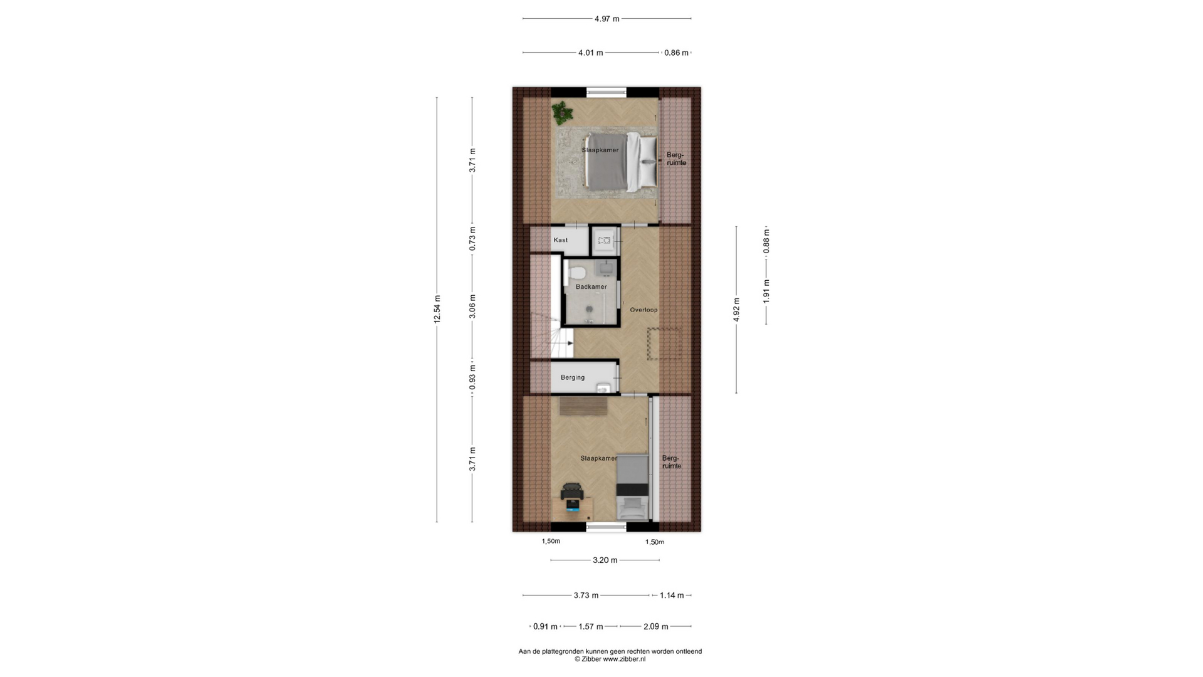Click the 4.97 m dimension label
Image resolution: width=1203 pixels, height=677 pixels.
[x=607, y=19]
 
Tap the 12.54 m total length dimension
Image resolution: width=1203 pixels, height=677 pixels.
[x=437, y=309]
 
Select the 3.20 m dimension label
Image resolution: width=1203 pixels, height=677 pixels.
[x=605, y=560]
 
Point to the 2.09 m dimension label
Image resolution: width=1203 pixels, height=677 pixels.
[x=655, y=626]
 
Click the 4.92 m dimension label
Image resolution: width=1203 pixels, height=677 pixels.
[x=737, y=310]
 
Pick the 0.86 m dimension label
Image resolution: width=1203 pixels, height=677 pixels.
[x=676, y=53]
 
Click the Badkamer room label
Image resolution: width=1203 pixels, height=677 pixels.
[x=591, y=287]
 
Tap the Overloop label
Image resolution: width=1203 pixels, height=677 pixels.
[x=643, y=310]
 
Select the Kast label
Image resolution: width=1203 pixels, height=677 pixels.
[x=560, y=240]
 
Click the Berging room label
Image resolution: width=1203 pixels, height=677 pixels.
[x=572, y=377]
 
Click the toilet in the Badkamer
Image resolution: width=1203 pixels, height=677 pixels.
[x=577, y=273]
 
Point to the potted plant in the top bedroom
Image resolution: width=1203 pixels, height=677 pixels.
[x=562, y=113]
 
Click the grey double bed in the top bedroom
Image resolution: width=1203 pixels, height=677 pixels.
[x=621, y=161]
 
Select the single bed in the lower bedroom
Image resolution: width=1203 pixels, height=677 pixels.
[x=632, y=488]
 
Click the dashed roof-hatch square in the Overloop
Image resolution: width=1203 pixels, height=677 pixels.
[x=664, y=344]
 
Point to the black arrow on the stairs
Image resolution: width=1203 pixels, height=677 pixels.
[x=569, y=343]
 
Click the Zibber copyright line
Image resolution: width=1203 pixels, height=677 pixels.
[x=610, y=659]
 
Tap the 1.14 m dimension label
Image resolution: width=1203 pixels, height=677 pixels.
[x=671, y=596]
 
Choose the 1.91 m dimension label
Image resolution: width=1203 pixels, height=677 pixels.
[x=766, y=291]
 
